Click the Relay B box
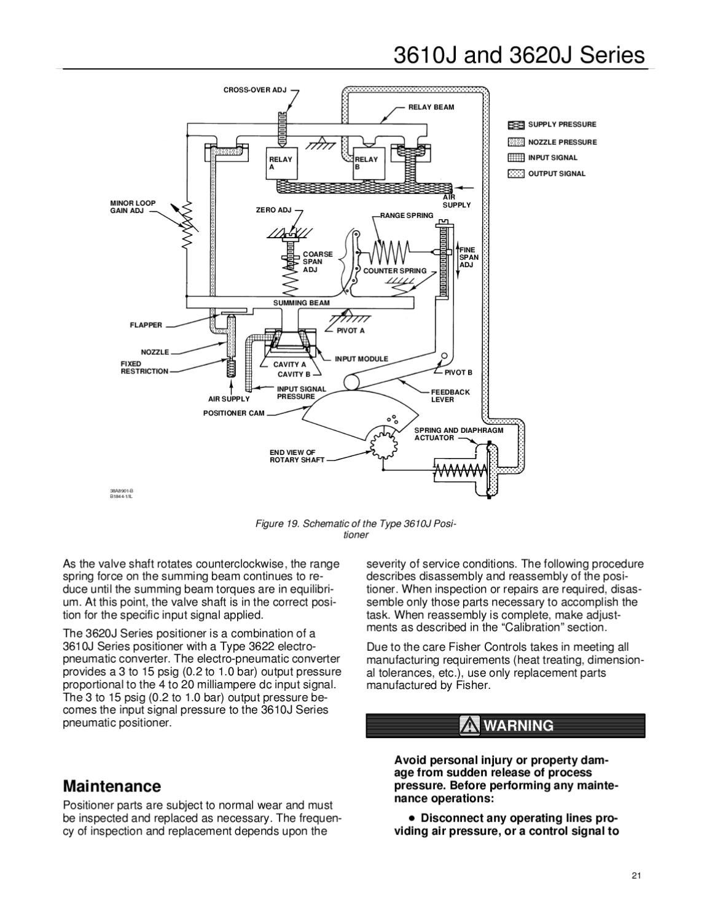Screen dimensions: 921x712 (x=368, y=163)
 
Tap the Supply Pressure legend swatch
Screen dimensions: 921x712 (x=516, y=125)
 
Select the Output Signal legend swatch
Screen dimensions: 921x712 (x=516, y=174)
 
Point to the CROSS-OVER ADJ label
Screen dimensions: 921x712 (x=255, y=90)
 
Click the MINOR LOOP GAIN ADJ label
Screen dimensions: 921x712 (x=133, y=207)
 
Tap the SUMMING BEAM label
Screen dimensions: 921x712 (x=301, y=303)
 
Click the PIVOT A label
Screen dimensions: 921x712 (x=350, y=331)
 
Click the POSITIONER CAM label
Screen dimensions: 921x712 (x=233, y=413)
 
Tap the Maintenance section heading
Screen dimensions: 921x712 (x=112, y=787)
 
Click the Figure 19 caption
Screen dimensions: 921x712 (x=356, y=529)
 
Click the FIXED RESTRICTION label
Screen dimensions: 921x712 (x=144, y=368)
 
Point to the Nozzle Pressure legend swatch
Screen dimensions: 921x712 (x=516, y=142)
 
